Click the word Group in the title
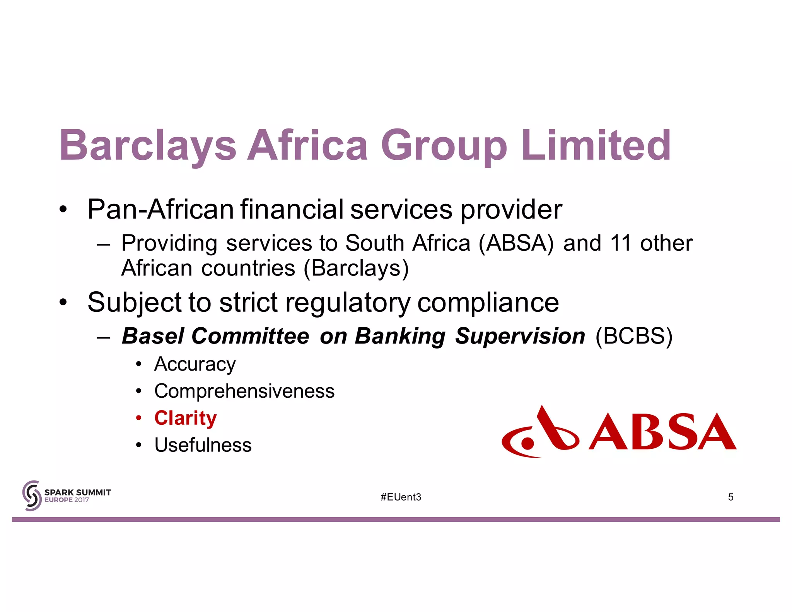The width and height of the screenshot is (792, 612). [x=444, y=146]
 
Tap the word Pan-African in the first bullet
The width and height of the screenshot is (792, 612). [x=160, y=209]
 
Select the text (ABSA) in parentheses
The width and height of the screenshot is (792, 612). [x=516, y=243]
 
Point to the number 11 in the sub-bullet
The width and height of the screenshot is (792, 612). [x=620, y=243]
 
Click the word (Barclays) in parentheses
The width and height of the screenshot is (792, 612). [x=356, y=268]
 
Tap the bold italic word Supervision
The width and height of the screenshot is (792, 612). [x=520, y=336]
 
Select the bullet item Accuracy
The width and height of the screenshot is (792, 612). [x=195, y=364]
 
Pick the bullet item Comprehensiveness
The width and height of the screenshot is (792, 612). [x=244, y=391]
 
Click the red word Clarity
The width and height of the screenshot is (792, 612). [x=186, y=418]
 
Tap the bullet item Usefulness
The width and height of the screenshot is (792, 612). [x=203, y=445]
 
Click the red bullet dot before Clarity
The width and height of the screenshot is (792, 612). [x=139, y=418]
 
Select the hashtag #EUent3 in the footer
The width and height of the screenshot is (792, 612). [x=401, y=497]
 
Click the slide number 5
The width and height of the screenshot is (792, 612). [x=731, y=497]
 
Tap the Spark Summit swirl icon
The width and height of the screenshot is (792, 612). [x=32, y=496]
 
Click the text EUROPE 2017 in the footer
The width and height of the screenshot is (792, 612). [x=67, y=500]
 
